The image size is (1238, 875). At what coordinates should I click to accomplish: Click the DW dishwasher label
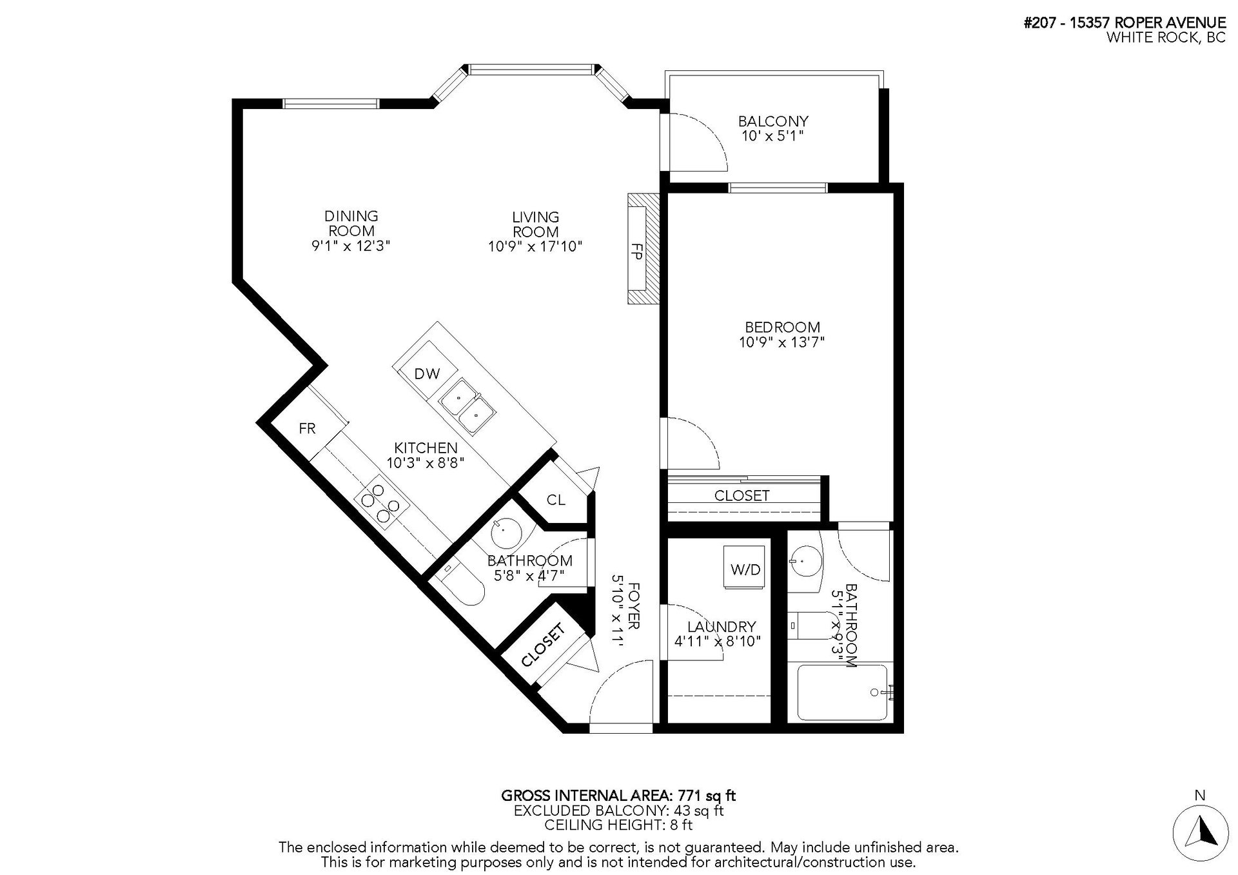[427, 373]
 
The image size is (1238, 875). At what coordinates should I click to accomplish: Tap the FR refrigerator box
[308, 428]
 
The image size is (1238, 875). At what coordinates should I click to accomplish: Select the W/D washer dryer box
[745, 567]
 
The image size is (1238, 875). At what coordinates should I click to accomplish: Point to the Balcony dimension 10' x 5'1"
[772, 136]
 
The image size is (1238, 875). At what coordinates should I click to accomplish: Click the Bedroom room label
[782, 327]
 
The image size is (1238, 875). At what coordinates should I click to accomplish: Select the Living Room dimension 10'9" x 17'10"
[535, 246]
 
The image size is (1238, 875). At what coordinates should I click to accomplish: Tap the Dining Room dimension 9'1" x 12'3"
[351, 246]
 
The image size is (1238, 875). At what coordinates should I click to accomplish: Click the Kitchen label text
[426, 447]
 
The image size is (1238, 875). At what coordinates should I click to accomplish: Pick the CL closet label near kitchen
[556, 500]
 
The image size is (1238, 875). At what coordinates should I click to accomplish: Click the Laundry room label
[721, 626]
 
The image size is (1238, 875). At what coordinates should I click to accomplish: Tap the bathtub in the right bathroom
[843, 693]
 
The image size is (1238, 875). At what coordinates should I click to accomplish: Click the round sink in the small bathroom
[505, 532]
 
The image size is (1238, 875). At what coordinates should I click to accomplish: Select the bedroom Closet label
[742, 495]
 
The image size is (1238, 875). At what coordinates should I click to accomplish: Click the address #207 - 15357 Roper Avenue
[1125, 23]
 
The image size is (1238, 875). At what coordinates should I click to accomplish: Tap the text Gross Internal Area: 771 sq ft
[618, 796]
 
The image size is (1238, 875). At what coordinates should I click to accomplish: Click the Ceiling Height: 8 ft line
[618, 825]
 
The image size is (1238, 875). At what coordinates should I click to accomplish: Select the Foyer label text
[634, 606]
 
